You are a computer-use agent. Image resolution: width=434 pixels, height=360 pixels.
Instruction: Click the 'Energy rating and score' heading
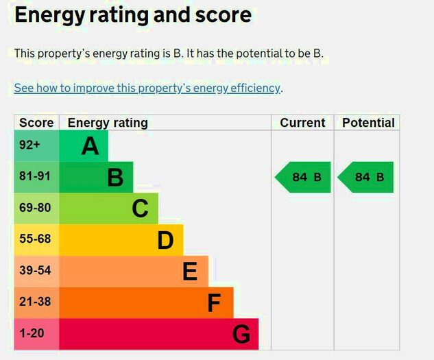pos(133,15)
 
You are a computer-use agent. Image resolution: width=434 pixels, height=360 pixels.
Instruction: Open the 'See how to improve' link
pos(147,88)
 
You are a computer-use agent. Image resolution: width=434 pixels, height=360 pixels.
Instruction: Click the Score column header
pos(36,123)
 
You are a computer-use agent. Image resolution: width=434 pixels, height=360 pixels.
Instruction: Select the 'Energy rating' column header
pos(108,123)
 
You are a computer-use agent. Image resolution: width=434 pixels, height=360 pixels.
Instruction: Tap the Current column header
pos(302,123)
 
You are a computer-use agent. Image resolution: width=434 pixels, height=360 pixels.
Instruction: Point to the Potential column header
pos(368,123)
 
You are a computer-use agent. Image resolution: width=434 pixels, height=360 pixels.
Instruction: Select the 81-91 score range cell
pos(35,176)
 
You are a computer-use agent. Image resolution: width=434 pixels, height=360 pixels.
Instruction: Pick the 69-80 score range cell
pos(35,208)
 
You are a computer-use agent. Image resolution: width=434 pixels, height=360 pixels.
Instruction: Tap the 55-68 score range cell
pos(35,239)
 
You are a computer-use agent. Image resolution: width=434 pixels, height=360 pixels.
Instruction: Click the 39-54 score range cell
pos(35,271)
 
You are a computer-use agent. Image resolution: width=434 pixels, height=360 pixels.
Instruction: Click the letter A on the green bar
pos(90,145)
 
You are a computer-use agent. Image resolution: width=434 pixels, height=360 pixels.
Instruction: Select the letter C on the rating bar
pos(140,208)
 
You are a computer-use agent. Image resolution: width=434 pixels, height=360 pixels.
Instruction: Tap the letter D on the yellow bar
pos(165,240)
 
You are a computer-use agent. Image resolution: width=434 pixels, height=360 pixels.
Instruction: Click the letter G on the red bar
pos(241,335)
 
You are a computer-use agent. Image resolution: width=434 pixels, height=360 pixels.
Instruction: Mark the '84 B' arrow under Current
pos(303,177)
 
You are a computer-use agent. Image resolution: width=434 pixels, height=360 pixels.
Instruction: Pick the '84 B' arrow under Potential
pos(366,177)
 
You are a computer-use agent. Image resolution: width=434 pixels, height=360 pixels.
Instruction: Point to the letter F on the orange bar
pos(215,303)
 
